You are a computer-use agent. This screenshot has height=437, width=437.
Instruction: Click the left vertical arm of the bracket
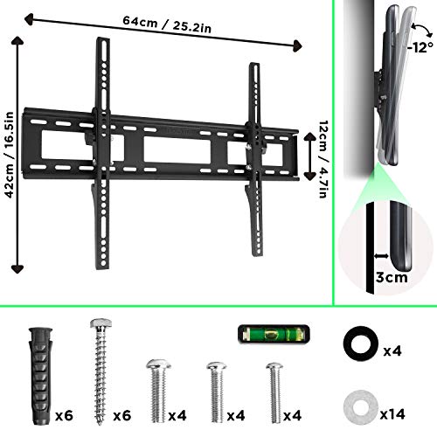click(101, 149)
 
